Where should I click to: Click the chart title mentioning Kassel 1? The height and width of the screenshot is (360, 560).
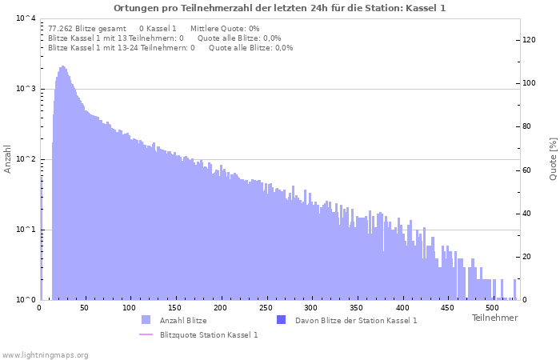tap(280, 8)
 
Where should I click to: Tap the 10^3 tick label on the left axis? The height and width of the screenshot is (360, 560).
tap(26, 89)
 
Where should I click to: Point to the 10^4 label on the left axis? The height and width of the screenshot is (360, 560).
tap(26, 18)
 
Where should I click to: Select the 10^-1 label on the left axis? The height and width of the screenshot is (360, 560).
tap(26, 230)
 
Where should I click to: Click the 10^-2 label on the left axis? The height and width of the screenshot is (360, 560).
tap(26, 159)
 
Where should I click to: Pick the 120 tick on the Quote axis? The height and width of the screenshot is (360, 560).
tap(529, 40)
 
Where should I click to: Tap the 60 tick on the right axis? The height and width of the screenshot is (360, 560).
tap(527, 170)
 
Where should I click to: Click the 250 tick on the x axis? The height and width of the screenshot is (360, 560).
tap(266, 308)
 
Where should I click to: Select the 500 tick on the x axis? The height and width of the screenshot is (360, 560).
tap(492, 308)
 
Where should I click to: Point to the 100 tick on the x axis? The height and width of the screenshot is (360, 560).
tap(129, 308)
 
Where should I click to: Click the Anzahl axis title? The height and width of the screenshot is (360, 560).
tap(7, 159)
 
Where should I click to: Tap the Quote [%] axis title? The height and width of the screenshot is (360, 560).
tap(553, 159)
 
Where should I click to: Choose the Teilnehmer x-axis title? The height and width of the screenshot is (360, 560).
tap(494, 318)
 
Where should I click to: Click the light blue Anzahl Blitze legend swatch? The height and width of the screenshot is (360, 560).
tap(146, 320)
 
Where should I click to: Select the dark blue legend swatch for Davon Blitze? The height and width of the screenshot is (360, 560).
tap(282, 320)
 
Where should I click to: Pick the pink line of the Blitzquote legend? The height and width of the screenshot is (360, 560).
tap(146, 334)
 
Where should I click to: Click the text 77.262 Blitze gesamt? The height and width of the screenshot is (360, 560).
tap(86, 29)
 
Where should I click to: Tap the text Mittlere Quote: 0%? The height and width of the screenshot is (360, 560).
tap(225, 29)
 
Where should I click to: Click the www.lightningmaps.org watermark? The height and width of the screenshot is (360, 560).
tap(45, 355)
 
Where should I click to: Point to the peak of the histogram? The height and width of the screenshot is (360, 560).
tap(62, 66)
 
